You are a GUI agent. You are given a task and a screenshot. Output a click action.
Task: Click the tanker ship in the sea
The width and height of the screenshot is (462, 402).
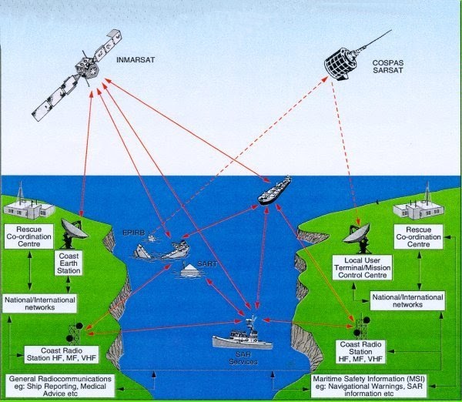click(x=276, y=189)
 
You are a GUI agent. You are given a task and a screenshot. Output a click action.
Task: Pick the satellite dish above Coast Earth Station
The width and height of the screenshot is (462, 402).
click(x=73, y=229)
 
